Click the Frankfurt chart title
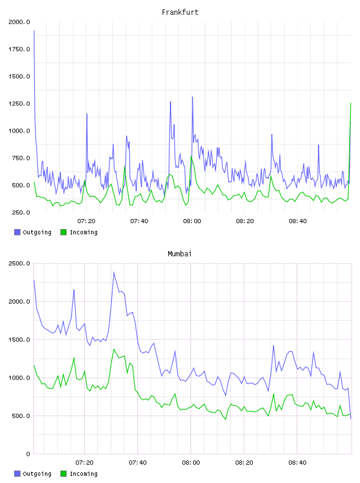pyautogui.click(x=180, y=12)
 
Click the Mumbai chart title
pyautogui.click(x=179, y=253)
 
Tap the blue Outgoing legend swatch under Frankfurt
pyautogui.click(x=17, y=232)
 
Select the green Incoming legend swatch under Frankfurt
pyautogui.click(x=63, y=232)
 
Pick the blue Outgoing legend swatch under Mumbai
pyautogui.click(x=17, y=474)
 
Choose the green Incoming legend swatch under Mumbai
pyautogui.click(x=63, y=474)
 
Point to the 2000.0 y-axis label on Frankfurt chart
pyautogui.click(x=19, y=22)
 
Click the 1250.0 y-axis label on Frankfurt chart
pyautogui.click(x=19, y=104)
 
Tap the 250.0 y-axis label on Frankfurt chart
pyautogui.click(x=21, y=212)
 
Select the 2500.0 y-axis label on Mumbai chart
pyautogui.click(x=19, y=263)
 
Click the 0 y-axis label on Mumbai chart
pyautogui.click(x=28, y=454)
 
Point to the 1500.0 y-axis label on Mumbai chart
pyautogui.click(x=19, y=339)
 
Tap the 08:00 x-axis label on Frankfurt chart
pyautogui.click(x=192, y=221)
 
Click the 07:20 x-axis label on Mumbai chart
pyautogui.click(x=85, y=462)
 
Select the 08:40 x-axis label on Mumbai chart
pyautogui.click(x=297, y=462)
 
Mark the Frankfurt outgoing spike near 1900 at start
pyautogui.click(x=34, y=31)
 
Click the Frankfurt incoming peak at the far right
pyautogui.click(x=351, y=104)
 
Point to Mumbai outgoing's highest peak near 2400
pyautogui.click(x=114, y=272)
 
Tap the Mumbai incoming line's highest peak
pyautogui.click(x=114, y=349)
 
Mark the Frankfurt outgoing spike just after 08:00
pyautogui.click(x=192, y=97)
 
